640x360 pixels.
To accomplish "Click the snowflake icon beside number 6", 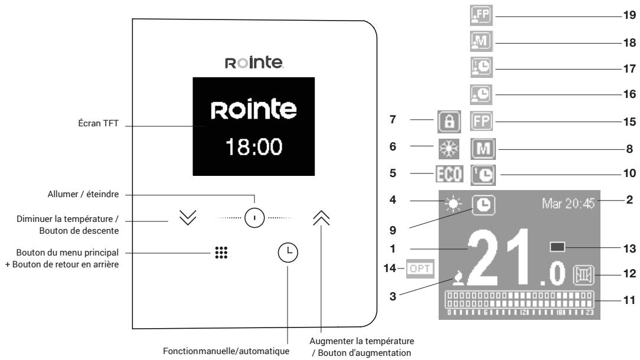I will pyautogui.click(x=449, y=148).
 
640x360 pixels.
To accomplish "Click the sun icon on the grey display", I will pyautogui.click(x=454, y=204).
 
